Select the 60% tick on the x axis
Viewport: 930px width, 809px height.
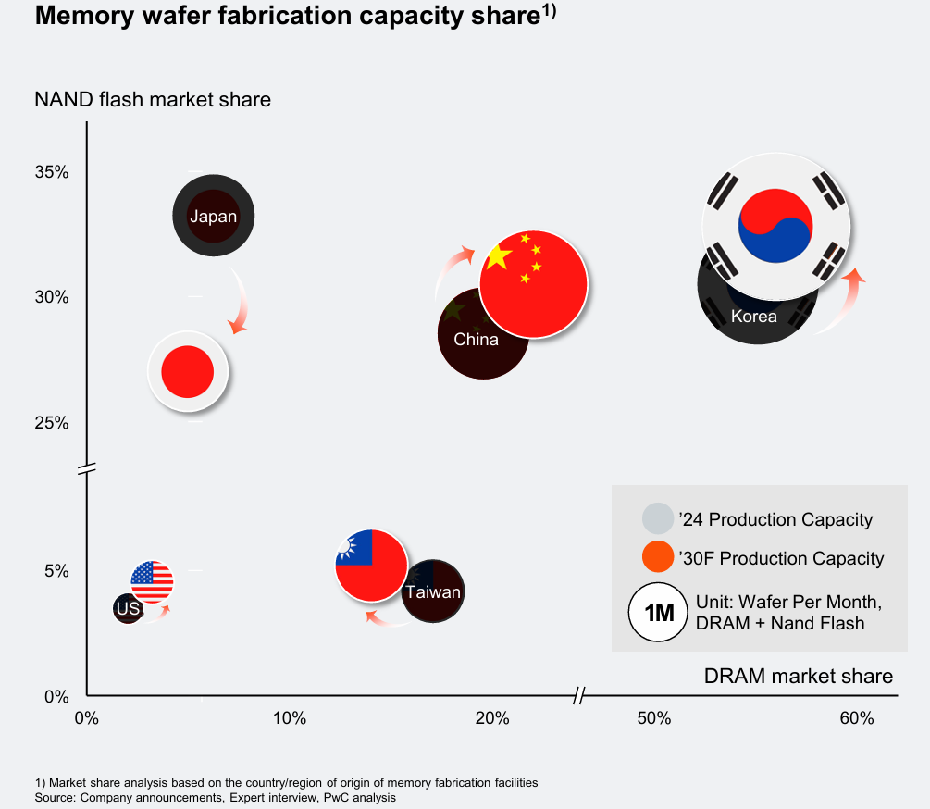click(x=856, y=719)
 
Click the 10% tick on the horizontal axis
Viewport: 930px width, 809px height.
click(x=289, y=719)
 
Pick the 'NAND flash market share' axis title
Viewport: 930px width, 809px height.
click(x=153, y=99)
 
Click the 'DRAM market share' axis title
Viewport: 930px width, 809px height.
click(x=798, y=676)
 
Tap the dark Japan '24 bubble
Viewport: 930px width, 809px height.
click(x=213, y=217)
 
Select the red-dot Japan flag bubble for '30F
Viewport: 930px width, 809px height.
click(x=188, y=372)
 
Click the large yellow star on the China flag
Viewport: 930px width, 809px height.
click(x=499, y=256)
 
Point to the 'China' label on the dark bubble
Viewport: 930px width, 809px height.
click(x=476, y=340)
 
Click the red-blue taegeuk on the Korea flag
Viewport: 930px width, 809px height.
click(x=775, y=225)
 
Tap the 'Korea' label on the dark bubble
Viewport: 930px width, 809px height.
click(x=753, y=317)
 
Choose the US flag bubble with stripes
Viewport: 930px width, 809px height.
click(x=152, y=581)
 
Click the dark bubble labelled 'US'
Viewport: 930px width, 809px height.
click(x=128, y=608)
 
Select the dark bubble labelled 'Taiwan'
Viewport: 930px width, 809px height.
click(x=433, y=592)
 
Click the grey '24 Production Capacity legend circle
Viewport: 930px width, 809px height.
click(x=657, y=519)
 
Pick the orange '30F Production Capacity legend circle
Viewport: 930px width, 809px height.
click(x=657, y=558)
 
